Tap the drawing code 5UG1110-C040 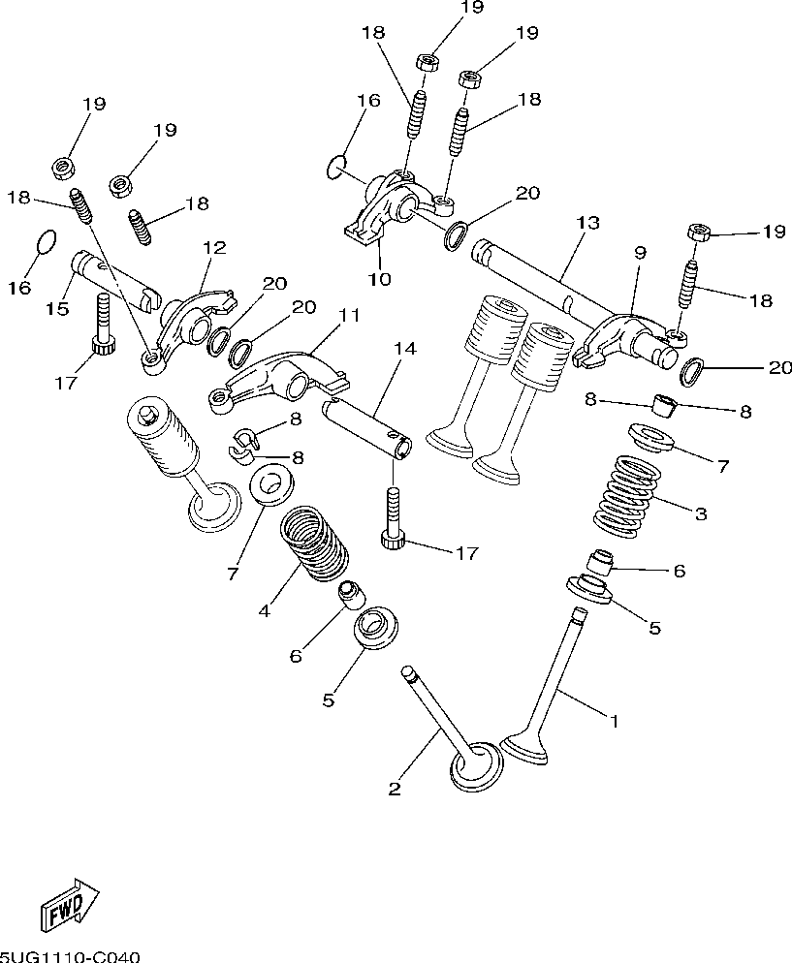[70, 956]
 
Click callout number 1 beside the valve [613, 721]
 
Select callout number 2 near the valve [395, 789]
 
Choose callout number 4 [264, 610]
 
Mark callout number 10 [379, 279]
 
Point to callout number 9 [640, 253]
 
